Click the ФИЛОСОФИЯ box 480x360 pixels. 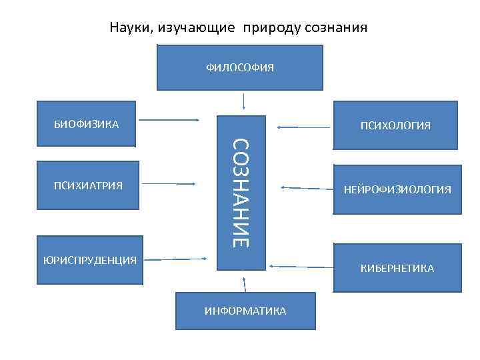coord(240,67)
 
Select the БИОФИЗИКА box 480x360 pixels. coord(87,124)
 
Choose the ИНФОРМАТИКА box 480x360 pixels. coord(245,311)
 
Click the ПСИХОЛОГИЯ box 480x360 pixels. coord(395,125)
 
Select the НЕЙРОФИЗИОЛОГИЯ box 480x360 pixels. coord(397,190)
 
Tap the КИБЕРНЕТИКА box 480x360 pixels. coord(397,268)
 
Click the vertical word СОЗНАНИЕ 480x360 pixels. coord(241,193)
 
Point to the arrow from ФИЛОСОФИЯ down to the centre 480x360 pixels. coord(245,100)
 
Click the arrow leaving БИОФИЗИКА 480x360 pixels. coord(170,120)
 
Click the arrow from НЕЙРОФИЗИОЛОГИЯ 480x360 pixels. coord(307,189)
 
